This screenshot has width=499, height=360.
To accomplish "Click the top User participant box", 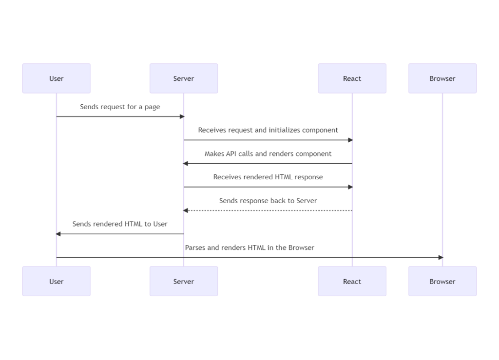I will point(56,78).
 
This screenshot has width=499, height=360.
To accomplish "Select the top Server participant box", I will point(184,78).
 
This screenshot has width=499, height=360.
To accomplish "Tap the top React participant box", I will point(352,78).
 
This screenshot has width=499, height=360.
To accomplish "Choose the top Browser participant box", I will point(442,78).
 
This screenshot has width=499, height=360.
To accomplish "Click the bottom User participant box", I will point(56,281).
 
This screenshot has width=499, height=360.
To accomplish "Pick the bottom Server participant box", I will point(184,281).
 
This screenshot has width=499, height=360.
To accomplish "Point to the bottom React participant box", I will point(352,281).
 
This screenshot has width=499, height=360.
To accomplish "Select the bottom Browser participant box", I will point(442,281).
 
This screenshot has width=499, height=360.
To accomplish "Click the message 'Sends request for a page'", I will point(120,107).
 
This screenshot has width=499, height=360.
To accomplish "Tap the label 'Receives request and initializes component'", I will point(268,130).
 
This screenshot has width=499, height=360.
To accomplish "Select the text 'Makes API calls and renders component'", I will point(268,153).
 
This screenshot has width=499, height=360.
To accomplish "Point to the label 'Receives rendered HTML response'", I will point(268,177).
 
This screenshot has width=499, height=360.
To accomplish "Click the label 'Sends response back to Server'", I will point(268,200).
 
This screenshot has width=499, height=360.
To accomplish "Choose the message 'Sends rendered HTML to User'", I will point(120,224).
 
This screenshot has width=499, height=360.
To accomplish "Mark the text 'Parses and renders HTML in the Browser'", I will point(249,247).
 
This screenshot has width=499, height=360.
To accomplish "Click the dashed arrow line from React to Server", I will point(268,210).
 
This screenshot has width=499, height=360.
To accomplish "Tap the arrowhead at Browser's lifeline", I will point(441,257).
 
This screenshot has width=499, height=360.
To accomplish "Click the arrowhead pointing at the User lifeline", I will point(58,234).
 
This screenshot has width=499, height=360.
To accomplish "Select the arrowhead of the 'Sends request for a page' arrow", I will point(182,116).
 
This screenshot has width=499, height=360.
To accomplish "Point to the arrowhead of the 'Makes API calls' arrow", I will point(186,164).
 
